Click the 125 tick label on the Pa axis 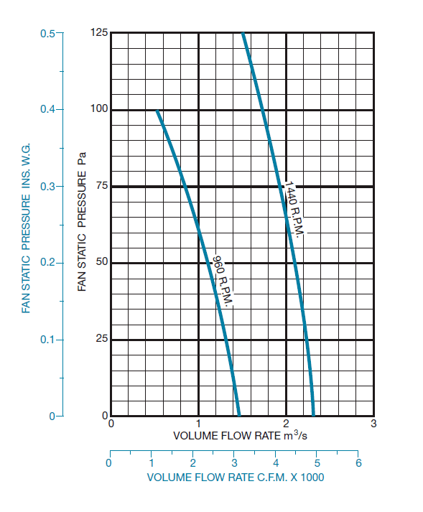[100, 33]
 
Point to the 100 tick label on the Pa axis [100, 109]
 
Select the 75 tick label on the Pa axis [102, 186]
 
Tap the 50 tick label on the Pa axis [102, 262]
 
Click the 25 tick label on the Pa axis [102, 339]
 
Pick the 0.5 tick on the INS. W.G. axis [48, 33]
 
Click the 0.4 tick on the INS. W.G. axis [48, 109]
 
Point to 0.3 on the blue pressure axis [48, 186]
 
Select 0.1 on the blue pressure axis [48, 339]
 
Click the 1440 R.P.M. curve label [294, 211]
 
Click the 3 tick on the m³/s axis [373, 424]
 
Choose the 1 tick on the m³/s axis [198, 424]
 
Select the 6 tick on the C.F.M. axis [358, 463]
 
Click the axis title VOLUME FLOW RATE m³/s [240, 436]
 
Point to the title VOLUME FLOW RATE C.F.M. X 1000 [240, 477]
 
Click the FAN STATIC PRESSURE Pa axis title [83, 220]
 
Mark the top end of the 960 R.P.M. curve [157, 111]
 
